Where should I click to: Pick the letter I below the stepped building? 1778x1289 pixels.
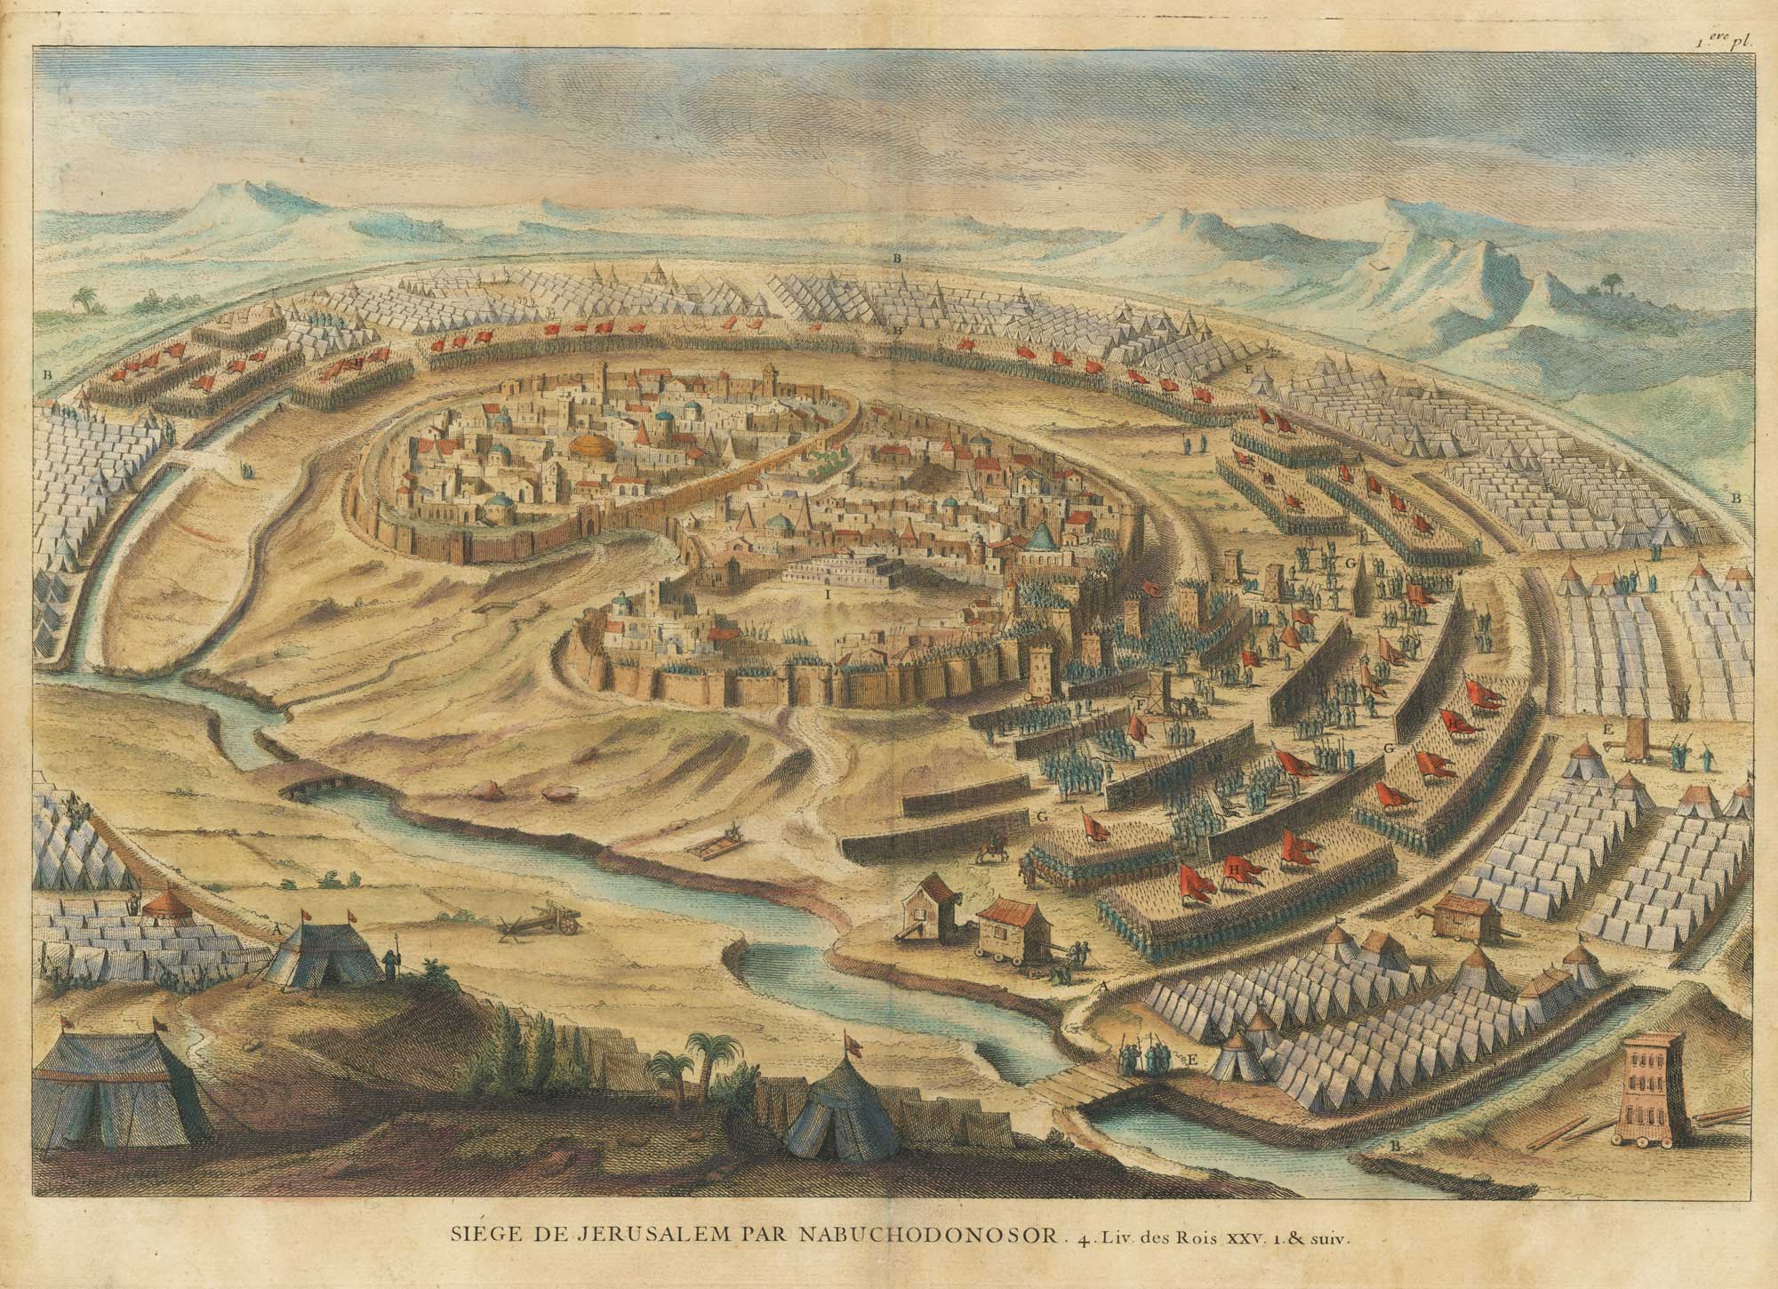pos(827,590)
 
